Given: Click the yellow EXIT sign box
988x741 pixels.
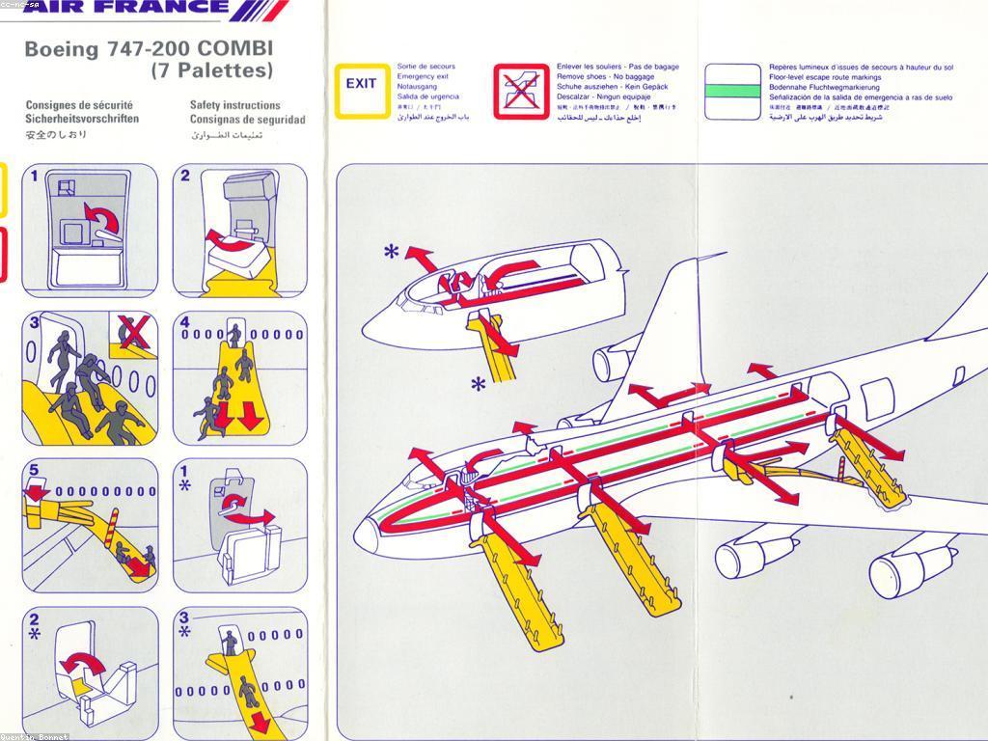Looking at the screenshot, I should (361, 91).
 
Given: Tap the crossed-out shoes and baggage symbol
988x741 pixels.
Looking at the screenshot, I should (520, 92).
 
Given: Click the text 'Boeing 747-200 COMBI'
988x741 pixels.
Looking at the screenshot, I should (149, 48).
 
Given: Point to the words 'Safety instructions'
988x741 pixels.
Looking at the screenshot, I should (235, 105).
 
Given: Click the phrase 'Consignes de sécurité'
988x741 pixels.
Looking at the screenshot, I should (79, 105).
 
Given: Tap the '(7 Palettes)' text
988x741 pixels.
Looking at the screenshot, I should (212, 70).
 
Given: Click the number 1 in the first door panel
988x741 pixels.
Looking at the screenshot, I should (35, 176).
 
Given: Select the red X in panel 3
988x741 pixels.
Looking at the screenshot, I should (133, 333).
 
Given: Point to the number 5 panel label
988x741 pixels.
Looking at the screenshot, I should (34, 471).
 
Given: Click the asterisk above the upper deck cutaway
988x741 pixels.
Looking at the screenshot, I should (391, 253).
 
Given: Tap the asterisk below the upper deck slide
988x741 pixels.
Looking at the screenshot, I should (478, 385).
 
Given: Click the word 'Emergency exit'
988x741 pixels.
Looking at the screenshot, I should (423, 76).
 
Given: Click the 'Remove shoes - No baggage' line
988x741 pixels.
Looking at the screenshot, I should (605, 76).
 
